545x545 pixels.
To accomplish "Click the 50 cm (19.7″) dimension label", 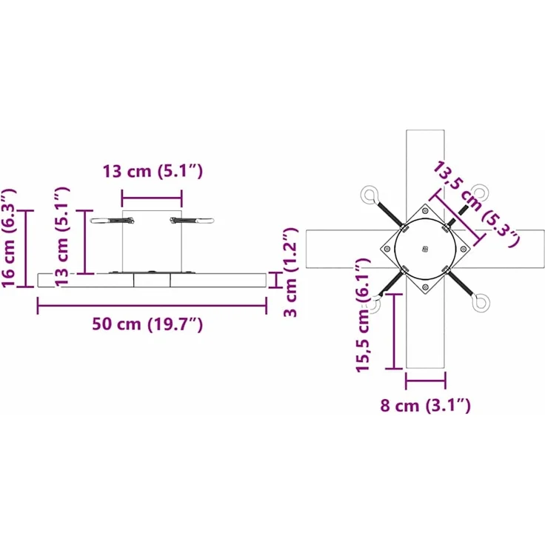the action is click(147, 324).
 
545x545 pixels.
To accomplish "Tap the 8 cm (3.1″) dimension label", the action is click(426, 405).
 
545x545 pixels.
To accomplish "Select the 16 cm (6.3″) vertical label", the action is click(9, 238).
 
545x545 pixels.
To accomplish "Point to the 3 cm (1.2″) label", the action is click(290, 272).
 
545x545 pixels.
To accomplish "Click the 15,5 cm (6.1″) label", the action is click(363, 315).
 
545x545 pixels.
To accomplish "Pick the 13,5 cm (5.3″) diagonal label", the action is click(475, 204).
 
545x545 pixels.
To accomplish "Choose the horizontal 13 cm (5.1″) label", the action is click(153, 171).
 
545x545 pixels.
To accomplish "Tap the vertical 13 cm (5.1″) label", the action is click(62, 236).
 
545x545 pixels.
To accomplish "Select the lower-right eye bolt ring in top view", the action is click(481, 303).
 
